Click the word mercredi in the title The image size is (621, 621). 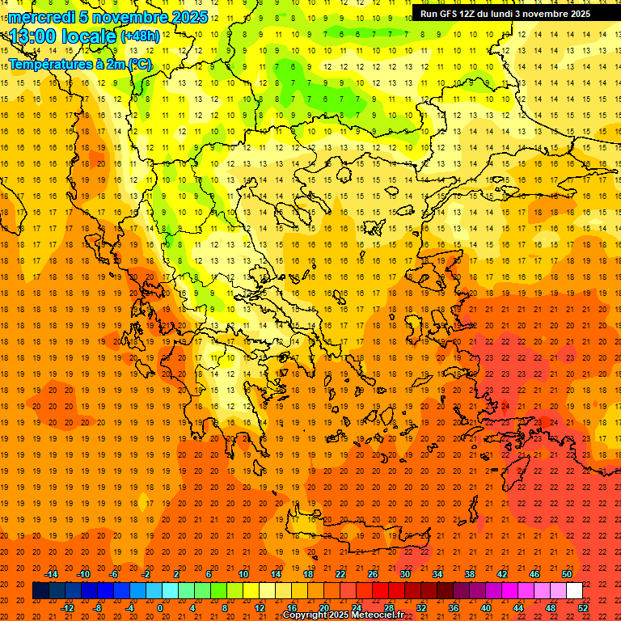[42, 17]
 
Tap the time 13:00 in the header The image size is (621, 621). [34, 36]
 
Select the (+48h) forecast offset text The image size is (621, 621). [140, 36]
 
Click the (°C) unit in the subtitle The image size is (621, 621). [139, 64]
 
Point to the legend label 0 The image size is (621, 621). [160, 608]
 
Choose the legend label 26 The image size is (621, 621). [373, 573]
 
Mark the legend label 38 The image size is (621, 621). [470, 573]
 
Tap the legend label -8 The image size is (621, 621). [97, 608]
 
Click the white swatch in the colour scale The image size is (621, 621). [574, 590]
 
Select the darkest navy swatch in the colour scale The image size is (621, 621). [40, 590]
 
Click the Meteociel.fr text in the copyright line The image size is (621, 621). [377, 615]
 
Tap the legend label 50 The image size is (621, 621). [566, 573]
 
